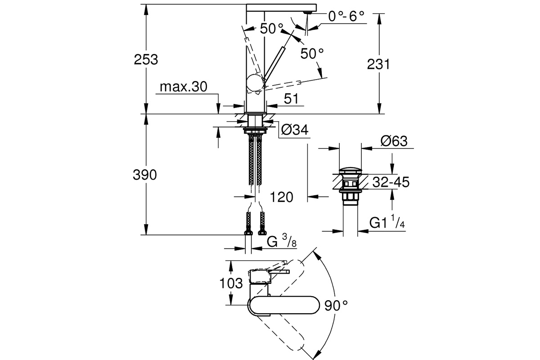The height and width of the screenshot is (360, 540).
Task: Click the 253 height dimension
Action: [146, 59]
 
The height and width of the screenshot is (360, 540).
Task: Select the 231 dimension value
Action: [378, 64]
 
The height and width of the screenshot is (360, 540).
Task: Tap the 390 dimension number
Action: [144, 175]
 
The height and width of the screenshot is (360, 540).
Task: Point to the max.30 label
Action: [184, 86]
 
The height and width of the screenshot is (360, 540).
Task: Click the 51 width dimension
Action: [291, 99]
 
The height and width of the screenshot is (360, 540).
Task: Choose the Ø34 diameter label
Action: [295, 130]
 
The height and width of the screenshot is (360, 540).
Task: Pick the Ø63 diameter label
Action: [394, 141]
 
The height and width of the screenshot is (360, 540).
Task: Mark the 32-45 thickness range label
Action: [391, 182]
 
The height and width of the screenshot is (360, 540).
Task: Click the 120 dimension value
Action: [281, 197]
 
